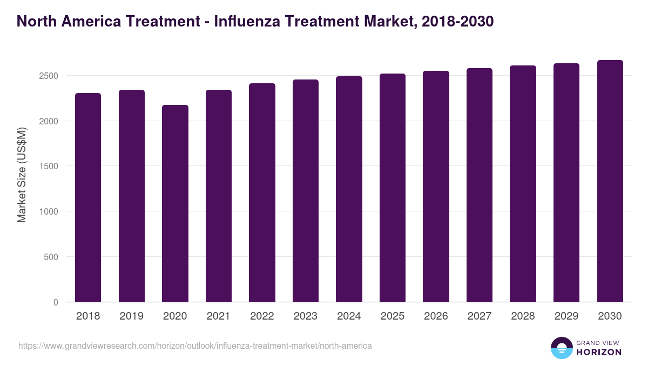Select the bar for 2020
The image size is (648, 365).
(x=175, y=203)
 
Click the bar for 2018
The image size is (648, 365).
(x=88, y=197)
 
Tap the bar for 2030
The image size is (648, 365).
(x=610, y=181)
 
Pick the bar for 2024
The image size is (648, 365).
(x=349, y=189)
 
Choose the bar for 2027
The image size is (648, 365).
(x=480, y=185)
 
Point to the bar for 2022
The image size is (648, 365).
(x=262, y=193)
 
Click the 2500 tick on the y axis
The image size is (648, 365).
(x=48, y=76)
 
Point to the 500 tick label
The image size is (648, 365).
(x=51, y=257)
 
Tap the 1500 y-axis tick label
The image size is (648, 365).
(x=48, y=166)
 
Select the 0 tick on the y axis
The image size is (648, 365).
(x=56, y=302)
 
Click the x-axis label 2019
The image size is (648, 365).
(x=131, y=316)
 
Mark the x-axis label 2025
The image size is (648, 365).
(x=392, y=316)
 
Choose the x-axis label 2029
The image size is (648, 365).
(x=566, y=316)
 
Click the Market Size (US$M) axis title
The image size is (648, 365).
(x=22, y=175)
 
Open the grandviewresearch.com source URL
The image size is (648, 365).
(x=195, y=346)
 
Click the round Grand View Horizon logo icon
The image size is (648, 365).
(x=561, y=348)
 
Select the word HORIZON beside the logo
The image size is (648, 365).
(x=599, y=352)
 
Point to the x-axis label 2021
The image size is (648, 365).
(x=218, y=316)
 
